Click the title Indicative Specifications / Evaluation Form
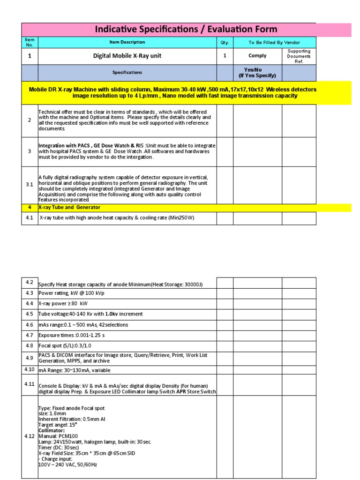point(186,30)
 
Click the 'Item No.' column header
point(30,42)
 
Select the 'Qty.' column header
point(224,43)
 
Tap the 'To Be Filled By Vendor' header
point(274,43)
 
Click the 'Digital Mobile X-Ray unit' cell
point(127,56)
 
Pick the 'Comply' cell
point(257,56)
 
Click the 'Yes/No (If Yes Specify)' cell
point(257,72)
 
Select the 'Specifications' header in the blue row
point(127,73)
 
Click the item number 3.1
point(30,185)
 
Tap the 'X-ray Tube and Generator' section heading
point(69,207)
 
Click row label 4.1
point(30,218)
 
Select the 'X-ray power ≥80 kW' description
point(63,303)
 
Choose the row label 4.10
point(30,369)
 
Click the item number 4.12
point(30,436)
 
